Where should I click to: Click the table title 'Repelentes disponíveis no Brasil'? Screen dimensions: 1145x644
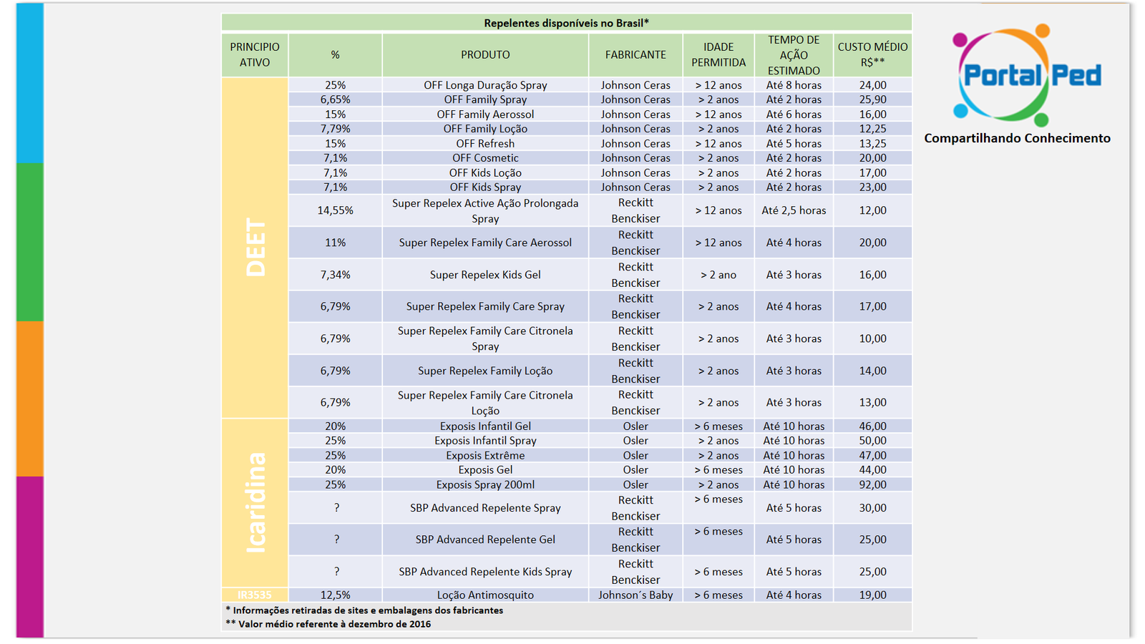click(x=566, y=23)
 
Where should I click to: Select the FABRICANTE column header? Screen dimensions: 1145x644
click(x=635, y=54)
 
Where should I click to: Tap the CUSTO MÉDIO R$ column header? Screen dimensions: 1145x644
click(x=872, y=54)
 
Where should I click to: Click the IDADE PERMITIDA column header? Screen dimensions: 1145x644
click(x=718, y=54)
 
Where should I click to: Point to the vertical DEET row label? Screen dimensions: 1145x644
click(x=255, y=248)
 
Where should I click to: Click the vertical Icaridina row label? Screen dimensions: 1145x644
click(x=255, y=502)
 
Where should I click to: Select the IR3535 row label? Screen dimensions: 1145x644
click(x=255, y=595)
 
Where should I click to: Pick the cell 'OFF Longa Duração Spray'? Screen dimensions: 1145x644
click(x=485, y=85)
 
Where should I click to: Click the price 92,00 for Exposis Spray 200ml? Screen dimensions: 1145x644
click(x=872, y=484)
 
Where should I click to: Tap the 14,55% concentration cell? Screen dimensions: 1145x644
click(x=336, y=210)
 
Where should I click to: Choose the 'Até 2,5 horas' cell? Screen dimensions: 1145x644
click(x=794, y=210)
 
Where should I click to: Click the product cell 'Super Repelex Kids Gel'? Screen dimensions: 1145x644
click(x=485, y=275)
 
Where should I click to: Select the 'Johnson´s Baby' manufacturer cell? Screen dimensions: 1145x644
click(x=635, y=595)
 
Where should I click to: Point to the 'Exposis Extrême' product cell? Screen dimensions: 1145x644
click(x=485, y=455)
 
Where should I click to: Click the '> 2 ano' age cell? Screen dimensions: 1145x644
click(x=718, y=275)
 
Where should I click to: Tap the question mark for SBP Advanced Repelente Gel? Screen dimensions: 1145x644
click(x=336, y=540)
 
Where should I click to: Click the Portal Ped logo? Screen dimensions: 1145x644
click(x=1026, y=75)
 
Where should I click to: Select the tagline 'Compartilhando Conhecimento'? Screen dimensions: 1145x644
click(x=1017, y=139)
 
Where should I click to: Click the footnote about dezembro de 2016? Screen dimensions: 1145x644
click(x=328, y=624)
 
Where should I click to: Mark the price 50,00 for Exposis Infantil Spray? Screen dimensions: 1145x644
click(x=872, y=441)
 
